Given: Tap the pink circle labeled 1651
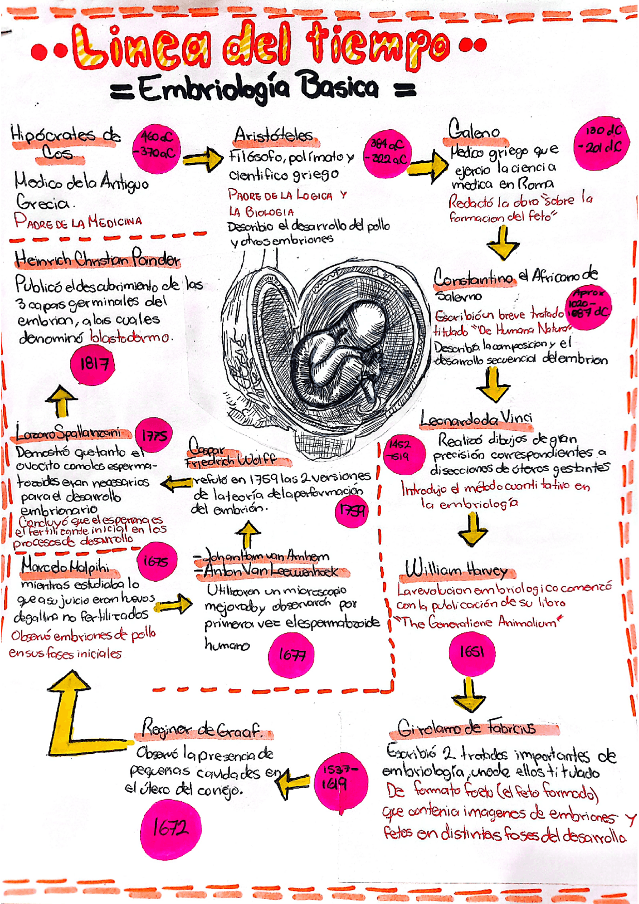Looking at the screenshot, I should pyautogui.click(x=472, y=652).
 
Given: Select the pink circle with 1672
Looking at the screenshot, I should pyautogui.click(x=171, y=829).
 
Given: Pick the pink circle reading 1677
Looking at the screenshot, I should pyautogui.click(x=292, y=654).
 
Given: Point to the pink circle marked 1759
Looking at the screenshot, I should pyautogui.click(x=352, y=510).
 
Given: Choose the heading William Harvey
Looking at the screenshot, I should pyautogui.click(x=456, y=570).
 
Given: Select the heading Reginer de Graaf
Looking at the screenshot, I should pyautogui.click(x=202, y=730).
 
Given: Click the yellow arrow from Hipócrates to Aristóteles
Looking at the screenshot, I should pyautogui.click(x=203, y=159).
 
